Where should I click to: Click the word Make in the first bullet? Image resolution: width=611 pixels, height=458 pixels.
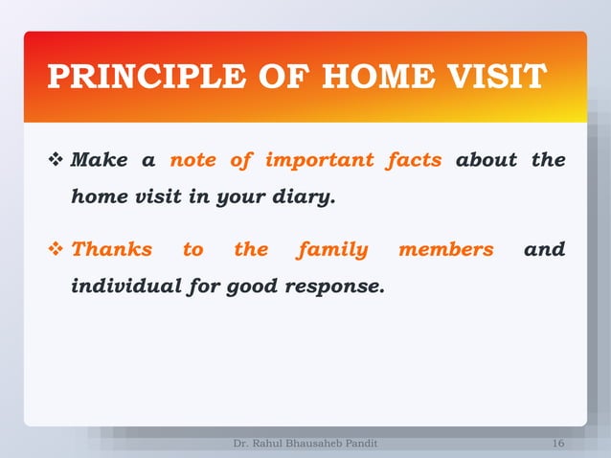pos(101,159)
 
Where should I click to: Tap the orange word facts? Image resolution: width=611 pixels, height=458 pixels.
pos(414,159)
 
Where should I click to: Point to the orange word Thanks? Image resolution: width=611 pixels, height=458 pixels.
pos(112,250)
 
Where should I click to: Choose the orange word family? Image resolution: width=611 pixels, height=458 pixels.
pos(332,250)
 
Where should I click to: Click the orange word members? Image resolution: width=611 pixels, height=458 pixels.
pos(446,250)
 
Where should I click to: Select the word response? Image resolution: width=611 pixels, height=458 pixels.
pos(343,286)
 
